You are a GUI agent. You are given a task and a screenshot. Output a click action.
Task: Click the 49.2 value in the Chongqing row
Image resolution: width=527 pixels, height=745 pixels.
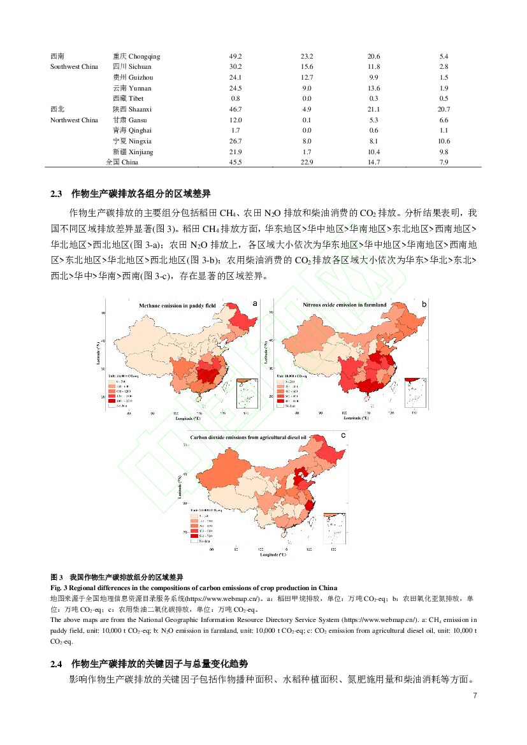pos(235,56)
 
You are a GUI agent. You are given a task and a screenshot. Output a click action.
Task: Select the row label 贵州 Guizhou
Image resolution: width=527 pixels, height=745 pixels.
pos(133,77)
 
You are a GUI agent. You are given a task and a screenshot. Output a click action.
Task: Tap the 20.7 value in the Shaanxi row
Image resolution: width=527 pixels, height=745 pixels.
pos(444,109)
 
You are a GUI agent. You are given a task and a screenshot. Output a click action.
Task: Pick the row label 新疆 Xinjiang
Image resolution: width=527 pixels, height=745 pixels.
pos(133,152)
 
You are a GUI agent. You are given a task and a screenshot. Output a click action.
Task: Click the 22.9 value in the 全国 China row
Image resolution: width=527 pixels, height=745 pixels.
pos(307,163)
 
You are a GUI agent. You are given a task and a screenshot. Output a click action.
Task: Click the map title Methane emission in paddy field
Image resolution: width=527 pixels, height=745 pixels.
pos(178,306)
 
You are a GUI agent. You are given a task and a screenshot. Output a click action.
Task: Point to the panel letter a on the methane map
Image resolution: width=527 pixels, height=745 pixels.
pos(255,304)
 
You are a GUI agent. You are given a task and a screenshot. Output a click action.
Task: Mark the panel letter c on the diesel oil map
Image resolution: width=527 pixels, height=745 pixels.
pos(343,435)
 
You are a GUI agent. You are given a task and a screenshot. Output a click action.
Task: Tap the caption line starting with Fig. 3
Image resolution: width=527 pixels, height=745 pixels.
pos(194,587)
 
